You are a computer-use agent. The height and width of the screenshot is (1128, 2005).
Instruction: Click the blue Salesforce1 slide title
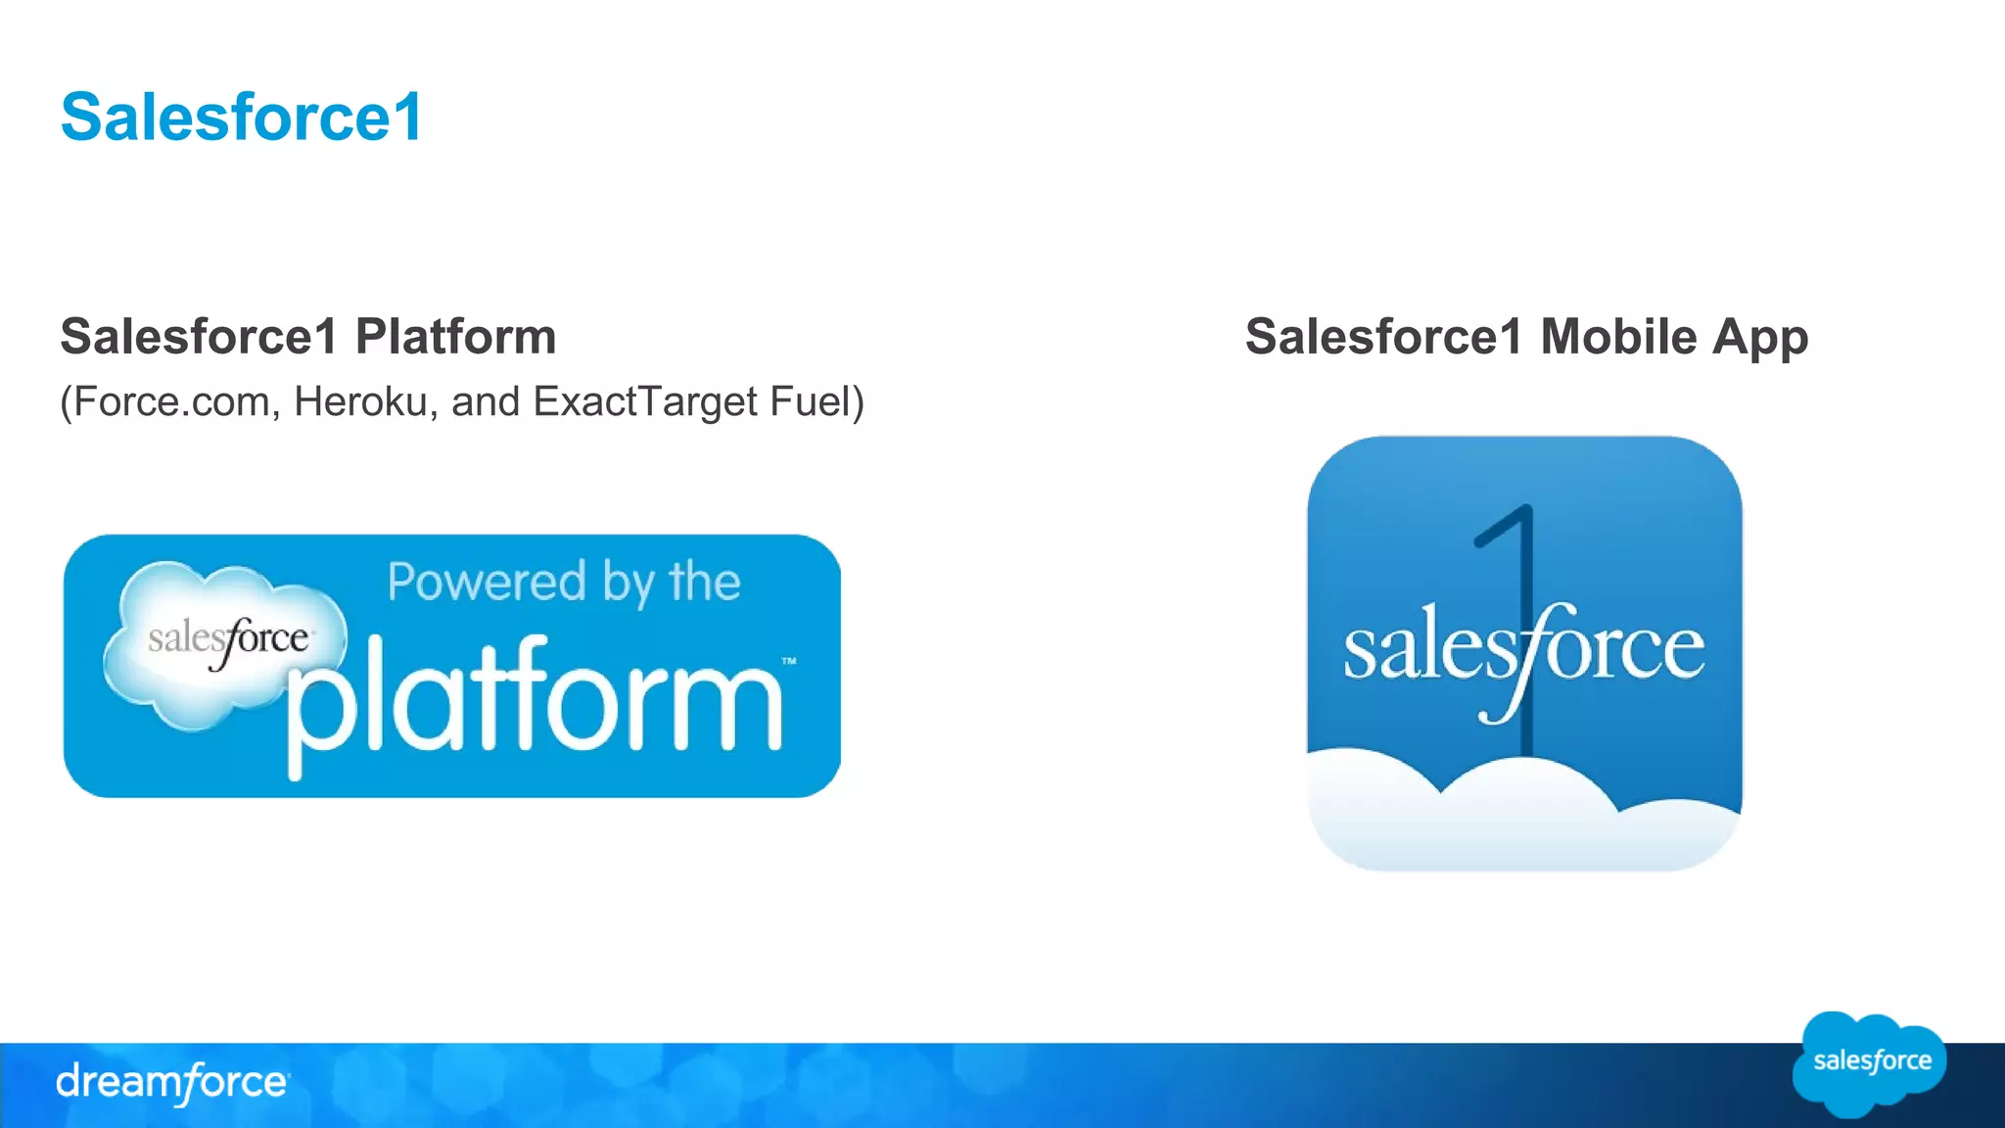[x=241, y=117]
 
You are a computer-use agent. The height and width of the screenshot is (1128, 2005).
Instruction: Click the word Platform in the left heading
[x=455, y=337]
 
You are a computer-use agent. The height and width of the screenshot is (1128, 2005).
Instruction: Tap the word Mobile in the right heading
[x=1618, y=337]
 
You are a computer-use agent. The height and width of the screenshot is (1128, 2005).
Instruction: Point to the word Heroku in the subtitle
[x=360, y=401]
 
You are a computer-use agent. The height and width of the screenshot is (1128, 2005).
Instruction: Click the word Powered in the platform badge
[x=486, y=582]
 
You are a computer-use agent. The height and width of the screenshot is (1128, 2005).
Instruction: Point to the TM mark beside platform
[x=789, y=662]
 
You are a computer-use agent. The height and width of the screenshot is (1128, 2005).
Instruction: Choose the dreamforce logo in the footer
[x=172, y=1083]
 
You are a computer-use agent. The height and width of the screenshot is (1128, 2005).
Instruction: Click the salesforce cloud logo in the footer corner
[x=1870, y=1063]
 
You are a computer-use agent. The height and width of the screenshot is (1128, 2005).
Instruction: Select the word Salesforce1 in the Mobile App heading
[x=1383, y=337]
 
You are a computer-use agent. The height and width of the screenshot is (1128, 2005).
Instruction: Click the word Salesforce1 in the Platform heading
[x=199, y=337]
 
